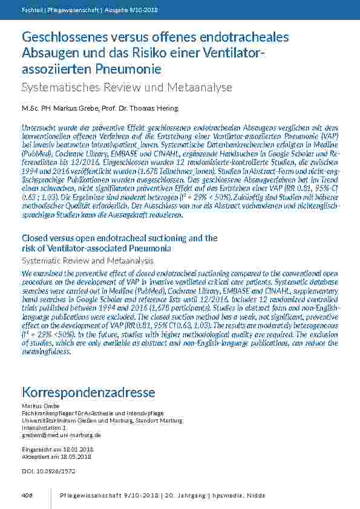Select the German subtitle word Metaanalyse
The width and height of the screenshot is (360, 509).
[x=198, y=88]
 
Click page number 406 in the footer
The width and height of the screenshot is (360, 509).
[x=27, y=495]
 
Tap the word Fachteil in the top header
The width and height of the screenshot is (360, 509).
[x=31, y=11]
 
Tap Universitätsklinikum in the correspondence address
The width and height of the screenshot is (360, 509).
[x=45, y=420]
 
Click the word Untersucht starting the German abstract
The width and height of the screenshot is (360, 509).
[x=40, y=128]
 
